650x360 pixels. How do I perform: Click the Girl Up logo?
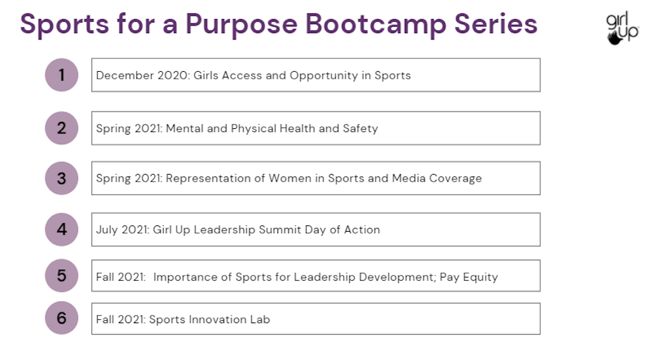point(622,28)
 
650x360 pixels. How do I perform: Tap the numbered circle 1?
point(62,75)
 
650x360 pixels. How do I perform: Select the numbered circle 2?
point(62,128)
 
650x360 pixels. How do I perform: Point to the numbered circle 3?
point(62,178)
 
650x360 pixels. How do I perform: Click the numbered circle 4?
point(62,229)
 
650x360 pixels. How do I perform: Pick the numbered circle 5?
point(62,276)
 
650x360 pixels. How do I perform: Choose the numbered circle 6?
point(62,318)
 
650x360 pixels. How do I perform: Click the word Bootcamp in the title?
point(376,24)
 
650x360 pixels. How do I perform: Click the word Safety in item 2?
point(361,129)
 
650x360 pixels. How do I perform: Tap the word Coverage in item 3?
point(455,179)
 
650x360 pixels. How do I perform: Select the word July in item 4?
point(107,230)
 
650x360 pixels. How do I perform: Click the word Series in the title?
point(496,24)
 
